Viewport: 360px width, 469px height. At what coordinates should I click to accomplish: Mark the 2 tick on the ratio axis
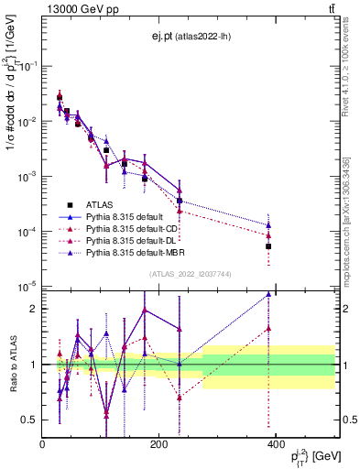coord(33,309)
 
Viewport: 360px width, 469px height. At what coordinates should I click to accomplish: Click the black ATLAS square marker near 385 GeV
coord(268,246)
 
